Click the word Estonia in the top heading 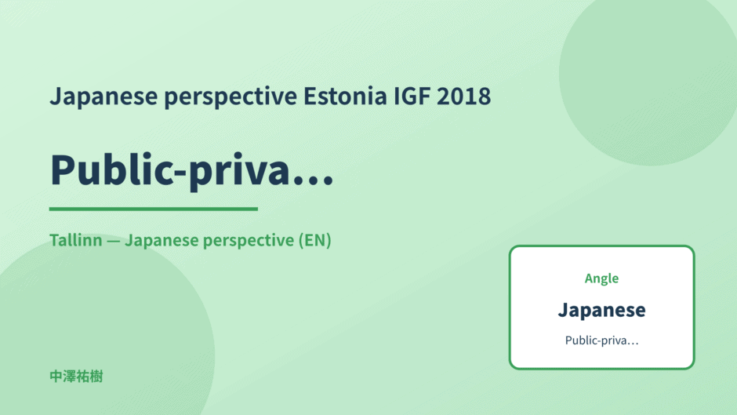pyautogui.click(x=345, y=96)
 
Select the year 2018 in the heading pyautogui.click(x=463, y=96)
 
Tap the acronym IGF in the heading pyautogui.click(x=412, y=96)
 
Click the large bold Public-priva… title pyautogui.click(x=192, y=170)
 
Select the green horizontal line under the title pyautogui.click(x=153, y=209)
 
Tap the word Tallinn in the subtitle pyautogui.click(x=76, y=240)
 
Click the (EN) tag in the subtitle pyautogui.click(x=315, y=240)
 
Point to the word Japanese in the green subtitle pyautogui.click(x=162, y=241)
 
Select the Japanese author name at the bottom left pyautogui.click(x=76, y=377)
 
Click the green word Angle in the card pyautogui.click(x=601, y=278)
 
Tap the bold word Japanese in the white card pyautogui.click(x=601, y=311)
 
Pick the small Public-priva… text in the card pyautogui.click(x=601, y=340)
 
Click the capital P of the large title pyautogui.click(x=63, y=169)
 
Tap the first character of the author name pyautogui.click(x=56, y=377)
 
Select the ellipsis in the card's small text pyautogui.click(x=633, y=344)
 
